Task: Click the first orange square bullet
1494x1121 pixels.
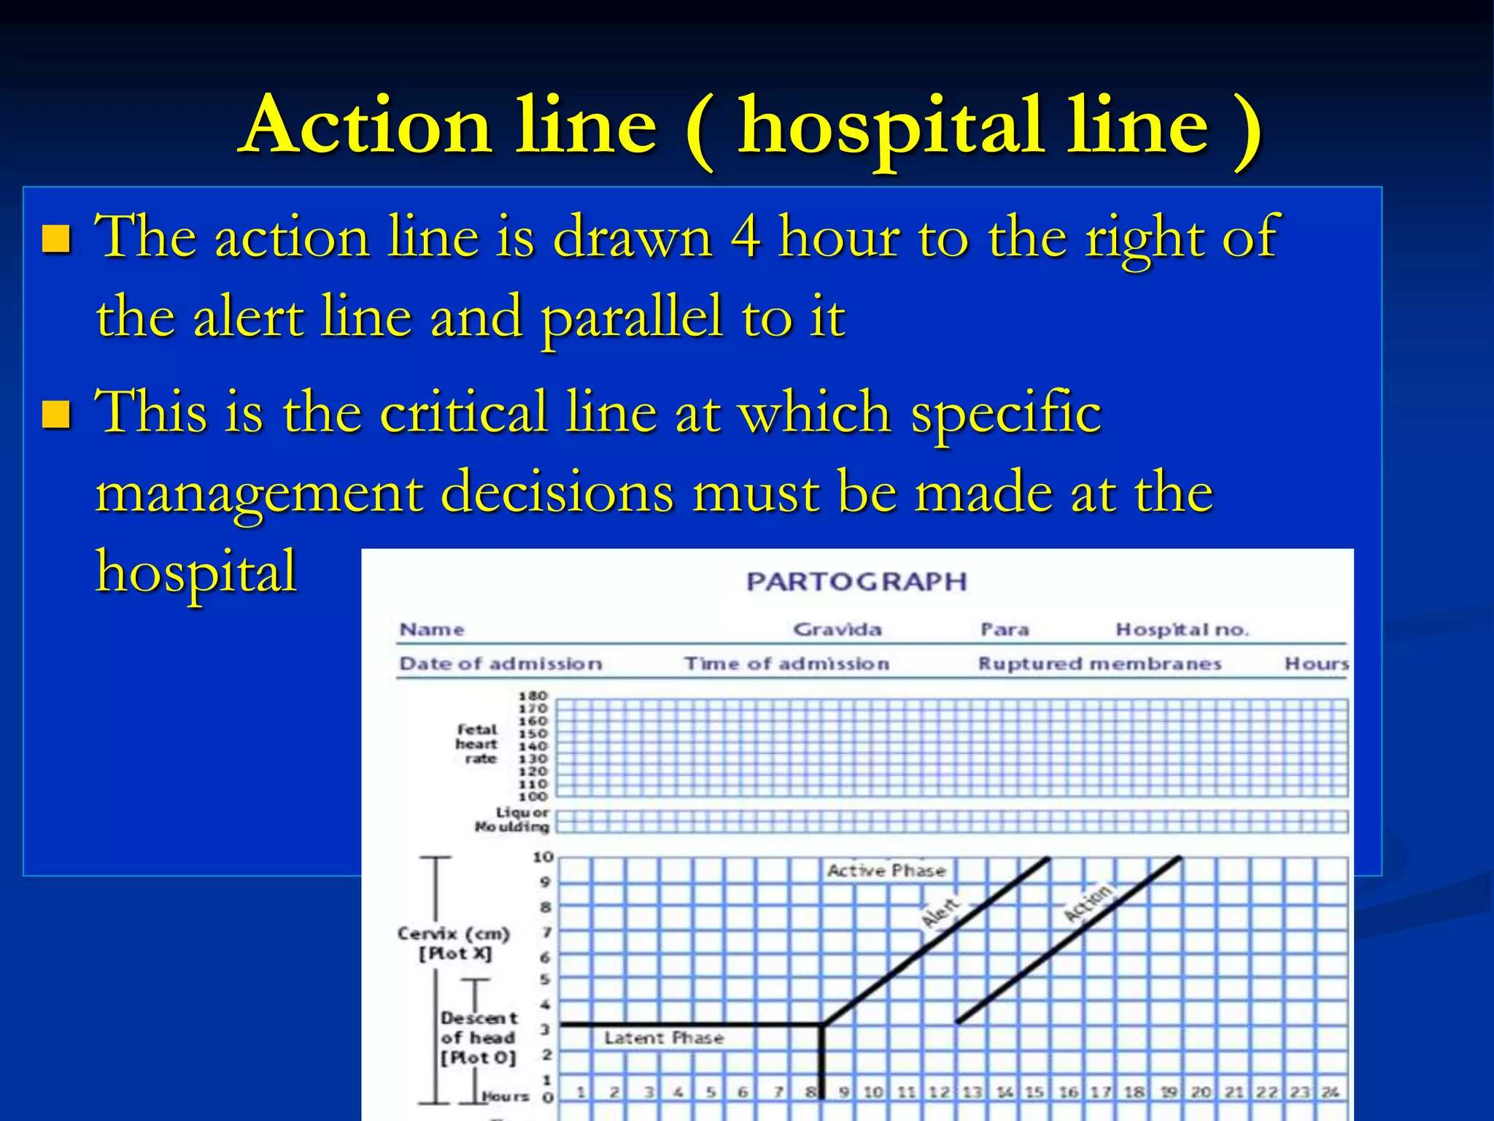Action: [56, 239]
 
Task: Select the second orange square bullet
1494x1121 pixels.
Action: [56, 414]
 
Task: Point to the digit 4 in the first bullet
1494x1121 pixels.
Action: [746, 237]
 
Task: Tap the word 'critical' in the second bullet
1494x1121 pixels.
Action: [464, 412]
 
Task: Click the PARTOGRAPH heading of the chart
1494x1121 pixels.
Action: [856, 582]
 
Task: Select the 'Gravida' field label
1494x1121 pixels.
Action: [837, 629]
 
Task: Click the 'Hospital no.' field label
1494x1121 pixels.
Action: [1182, 629]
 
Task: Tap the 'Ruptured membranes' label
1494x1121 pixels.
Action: [1099, 663]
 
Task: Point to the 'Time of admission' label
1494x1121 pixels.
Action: [786, 663]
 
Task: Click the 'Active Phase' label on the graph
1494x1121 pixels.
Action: [886, 870]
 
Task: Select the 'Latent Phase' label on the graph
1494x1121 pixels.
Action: [664, 1038]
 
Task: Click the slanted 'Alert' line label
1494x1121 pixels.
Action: [940, 912]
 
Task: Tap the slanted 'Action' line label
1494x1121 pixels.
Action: [1088, 904]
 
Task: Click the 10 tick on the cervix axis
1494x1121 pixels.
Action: [543, 857]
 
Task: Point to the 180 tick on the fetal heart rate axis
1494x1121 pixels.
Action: [533, 696]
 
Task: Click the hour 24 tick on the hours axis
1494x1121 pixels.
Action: [1330, 1092]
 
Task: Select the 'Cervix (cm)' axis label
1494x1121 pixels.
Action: [453, 933]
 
